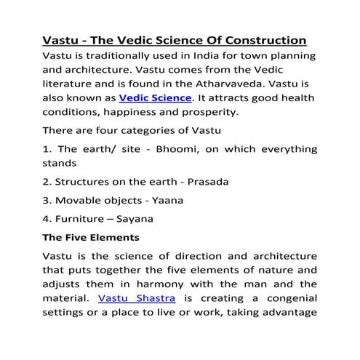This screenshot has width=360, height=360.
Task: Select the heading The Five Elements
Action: (x=91, y=237)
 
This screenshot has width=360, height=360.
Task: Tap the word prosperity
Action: (x=207, y=112)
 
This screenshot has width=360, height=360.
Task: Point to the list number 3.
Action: (x=47, y=199)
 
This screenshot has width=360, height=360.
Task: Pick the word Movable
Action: (x=83, y=199)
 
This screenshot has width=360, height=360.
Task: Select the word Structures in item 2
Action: (x=86, y=181)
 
